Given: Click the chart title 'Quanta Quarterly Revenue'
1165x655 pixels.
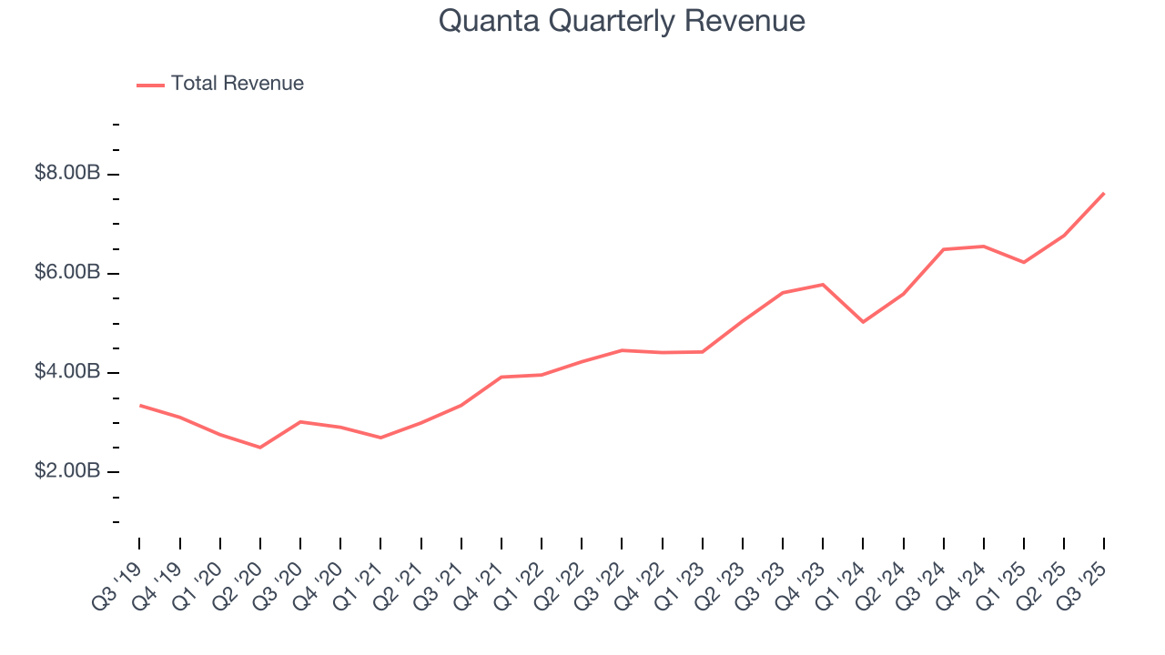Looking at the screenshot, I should click(622, 21).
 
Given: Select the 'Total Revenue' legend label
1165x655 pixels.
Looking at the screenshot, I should click(237, 84).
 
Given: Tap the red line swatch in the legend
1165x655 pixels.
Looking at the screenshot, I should click(150, 85).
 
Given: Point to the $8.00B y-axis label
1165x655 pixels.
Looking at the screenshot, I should click(66, 174).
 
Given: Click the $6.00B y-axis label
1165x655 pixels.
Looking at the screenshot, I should click(66, 273).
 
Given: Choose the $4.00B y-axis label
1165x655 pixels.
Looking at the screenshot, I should click(66, 372).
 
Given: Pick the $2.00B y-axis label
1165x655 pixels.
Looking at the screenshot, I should click(66, 471).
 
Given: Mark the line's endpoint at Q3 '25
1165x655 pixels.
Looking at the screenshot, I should click(1104, 193).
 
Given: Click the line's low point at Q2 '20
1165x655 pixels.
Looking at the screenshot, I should click(260, 448).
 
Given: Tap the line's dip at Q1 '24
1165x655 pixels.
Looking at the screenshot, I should click(863, 322).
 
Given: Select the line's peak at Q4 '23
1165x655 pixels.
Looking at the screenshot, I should click(823, 285).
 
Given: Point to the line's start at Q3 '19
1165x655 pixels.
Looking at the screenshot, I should click(139, 405).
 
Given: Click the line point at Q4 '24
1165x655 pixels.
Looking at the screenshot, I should click(984, 247).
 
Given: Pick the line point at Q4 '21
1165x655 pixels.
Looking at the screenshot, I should click(501, 377).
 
